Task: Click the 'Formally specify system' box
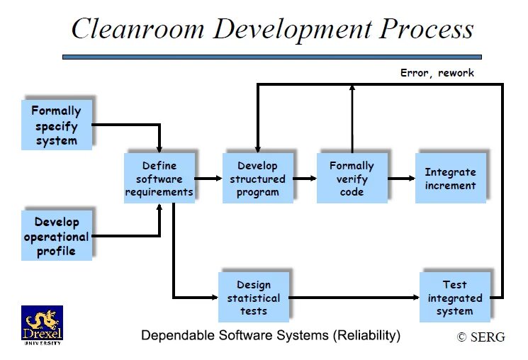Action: point(56,125)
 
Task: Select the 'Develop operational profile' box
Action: point(56,235)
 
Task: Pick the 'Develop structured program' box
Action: point(257,179)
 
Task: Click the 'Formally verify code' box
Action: point(352,179)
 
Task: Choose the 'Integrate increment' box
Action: point(450,179)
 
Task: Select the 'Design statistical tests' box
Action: point(253,298)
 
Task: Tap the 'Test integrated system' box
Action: point(454,298)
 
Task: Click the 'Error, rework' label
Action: point(437,72)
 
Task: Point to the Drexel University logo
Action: point(42,325)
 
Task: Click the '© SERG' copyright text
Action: point(481,337)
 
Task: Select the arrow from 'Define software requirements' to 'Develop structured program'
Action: point(208,179)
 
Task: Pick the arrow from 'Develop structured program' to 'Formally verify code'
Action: point(304,179)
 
